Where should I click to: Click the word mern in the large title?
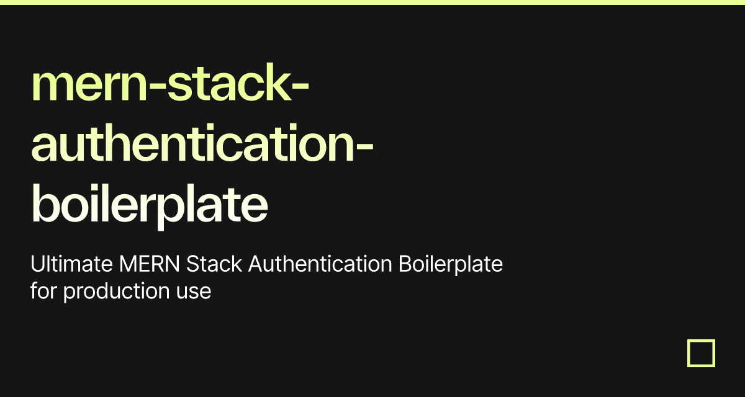tap(83, 87)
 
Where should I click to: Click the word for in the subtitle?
tap(44, 291)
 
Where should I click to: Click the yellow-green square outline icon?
tap(701, 353)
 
